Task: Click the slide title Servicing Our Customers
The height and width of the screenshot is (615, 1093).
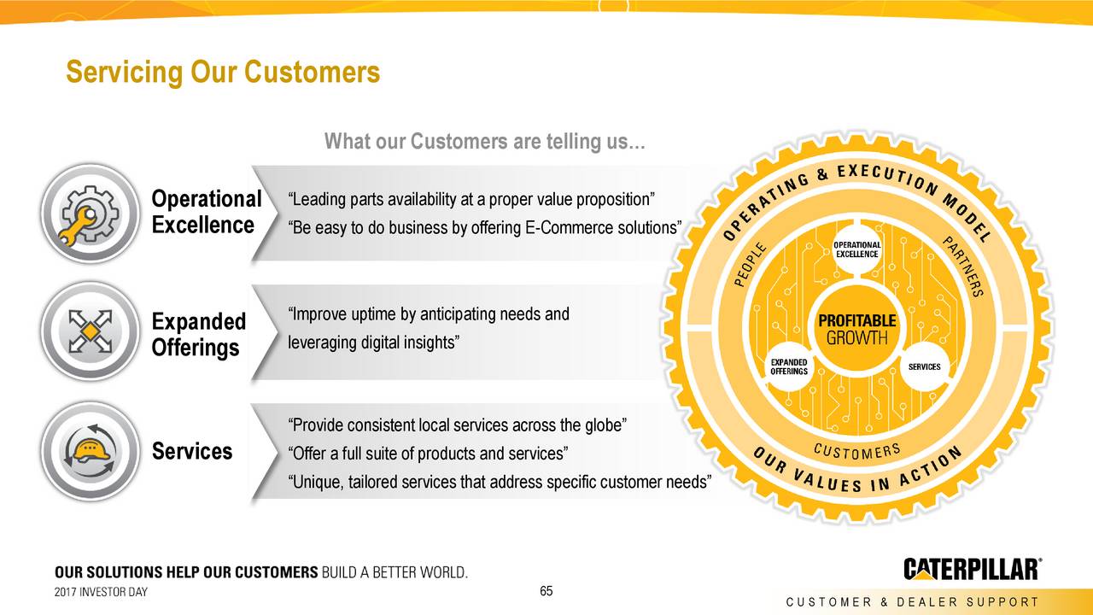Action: point(223,72)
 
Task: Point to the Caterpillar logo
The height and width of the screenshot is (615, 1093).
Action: point(972,569)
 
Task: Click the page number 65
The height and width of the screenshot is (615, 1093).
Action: point(546,593)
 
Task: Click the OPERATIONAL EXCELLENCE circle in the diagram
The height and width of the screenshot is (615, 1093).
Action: point(856,249)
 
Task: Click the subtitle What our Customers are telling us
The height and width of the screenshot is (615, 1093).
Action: point(485,141)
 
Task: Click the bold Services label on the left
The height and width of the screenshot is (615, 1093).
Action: point(191,451)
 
